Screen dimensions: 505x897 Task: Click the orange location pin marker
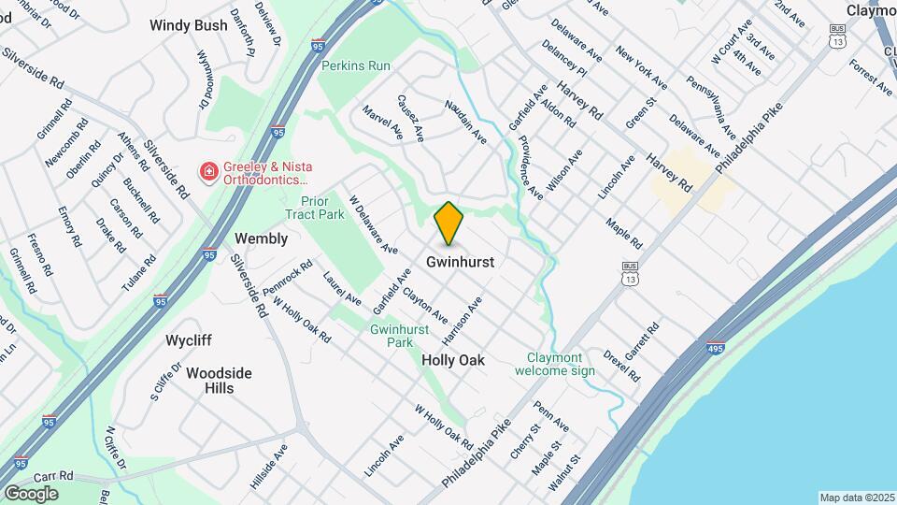[x=449, y=223]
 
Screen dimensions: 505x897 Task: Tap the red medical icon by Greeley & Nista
[x=208, y=171]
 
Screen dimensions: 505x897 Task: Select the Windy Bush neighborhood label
[x=188, y=26]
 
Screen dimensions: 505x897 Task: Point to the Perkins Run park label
[x=355, y=66]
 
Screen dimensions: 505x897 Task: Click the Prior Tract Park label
[x=322, y=208]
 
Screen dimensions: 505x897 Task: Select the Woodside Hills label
[x=219, y=380]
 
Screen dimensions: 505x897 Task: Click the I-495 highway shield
[x=716, y=347]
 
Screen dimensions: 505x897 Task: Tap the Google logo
[x=31, y=493]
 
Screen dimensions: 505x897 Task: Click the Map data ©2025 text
[x=856, y=498]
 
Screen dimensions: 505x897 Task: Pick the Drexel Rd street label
[x=620, y=367]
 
